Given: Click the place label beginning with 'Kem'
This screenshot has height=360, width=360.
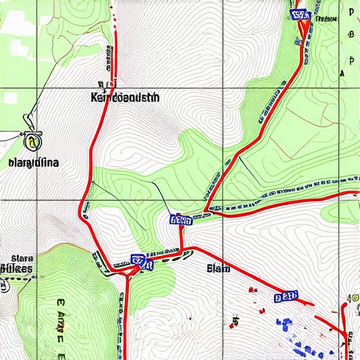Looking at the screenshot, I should click(125, 98).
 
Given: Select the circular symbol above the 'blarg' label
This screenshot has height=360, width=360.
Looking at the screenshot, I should click(31, 142).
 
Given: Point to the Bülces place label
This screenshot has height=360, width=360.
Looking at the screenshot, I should click(16, 269).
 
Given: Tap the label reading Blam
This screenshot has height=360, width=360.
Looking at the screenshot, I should click(218, 267).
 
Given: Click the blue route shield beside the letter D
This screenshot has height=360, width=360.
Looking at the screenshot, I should click(300, 14).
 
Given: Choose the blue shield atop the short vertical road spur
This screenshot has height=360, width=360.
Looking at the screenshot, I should click(181, 220).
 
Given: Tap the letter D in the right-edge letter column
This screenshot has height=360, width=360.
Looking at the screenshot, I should click(349, 13).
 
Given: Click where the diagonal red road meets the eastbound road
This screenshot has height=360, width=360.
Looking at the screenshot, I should click(209, 210).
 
